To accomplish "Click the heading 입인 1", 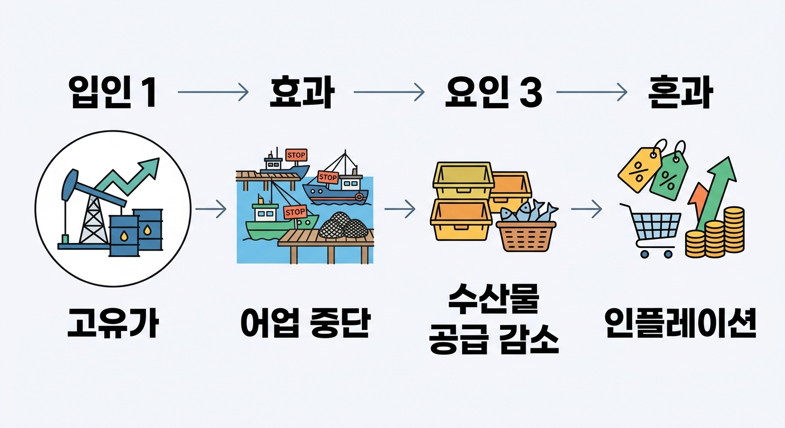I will tap(112, 93).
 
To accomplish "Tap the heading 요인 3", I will tap(494, 93).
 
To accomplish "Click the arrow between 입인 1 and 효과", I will tap(212, 93).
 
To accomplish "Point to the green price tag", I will tap(669, 174).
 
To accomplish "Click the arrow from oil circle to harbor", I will tap(211, 210).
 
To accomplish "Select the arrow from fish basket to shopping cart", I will tap(586, 210).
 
